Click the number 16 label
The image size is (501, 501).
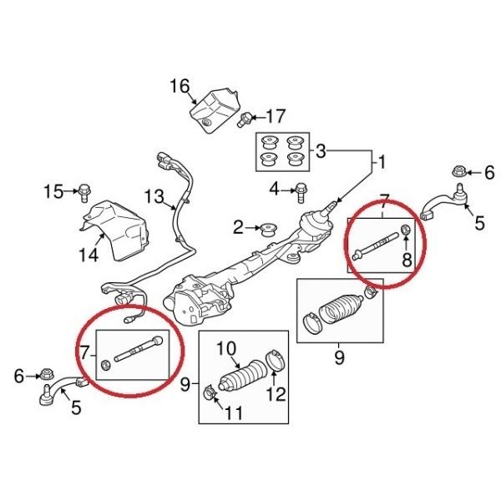(180, 86)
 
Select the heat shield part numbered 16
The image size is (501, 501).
(215, 109)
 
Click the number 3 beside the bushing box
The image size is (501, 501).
(321, 153)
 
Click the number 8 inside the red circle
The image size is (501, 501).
(407, 260)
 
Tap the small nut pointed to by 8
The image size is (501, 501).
(405, 230)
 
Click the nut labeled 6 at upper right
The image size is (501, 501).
(458, 173)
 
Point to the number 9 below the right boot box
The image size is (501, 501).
(339, 359)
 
